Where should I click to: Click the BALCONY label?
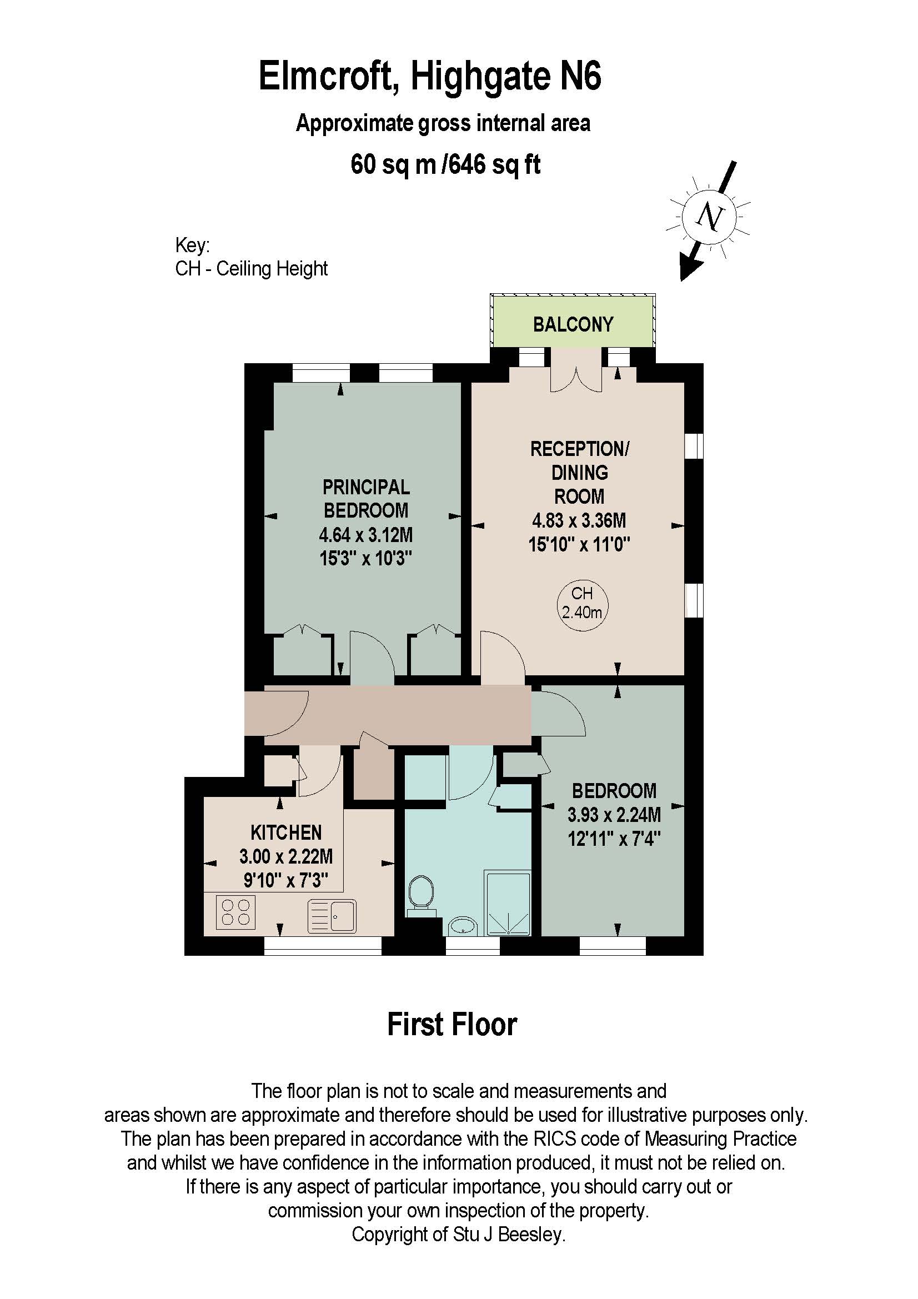573,324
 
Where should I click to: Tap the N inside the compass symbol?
709,217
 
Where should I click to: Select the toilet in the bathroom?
420,894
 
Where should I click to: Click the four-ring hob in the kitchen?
236,912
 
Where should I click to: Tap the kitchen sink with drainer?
332,916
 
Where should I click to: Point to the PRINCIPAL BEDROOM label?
366,498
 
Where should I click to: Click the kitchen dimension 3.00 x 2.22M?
285,856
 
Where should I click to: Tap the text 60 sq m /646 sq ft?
445,164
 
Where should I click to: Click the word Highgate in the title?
481,77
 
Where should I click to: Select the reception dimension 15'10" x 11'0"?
579,544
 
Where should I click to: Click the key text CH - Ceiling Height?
251,268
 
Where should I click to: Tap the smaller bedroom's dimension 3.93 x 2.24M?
614,815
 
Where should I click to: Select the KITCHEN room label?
285,832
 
